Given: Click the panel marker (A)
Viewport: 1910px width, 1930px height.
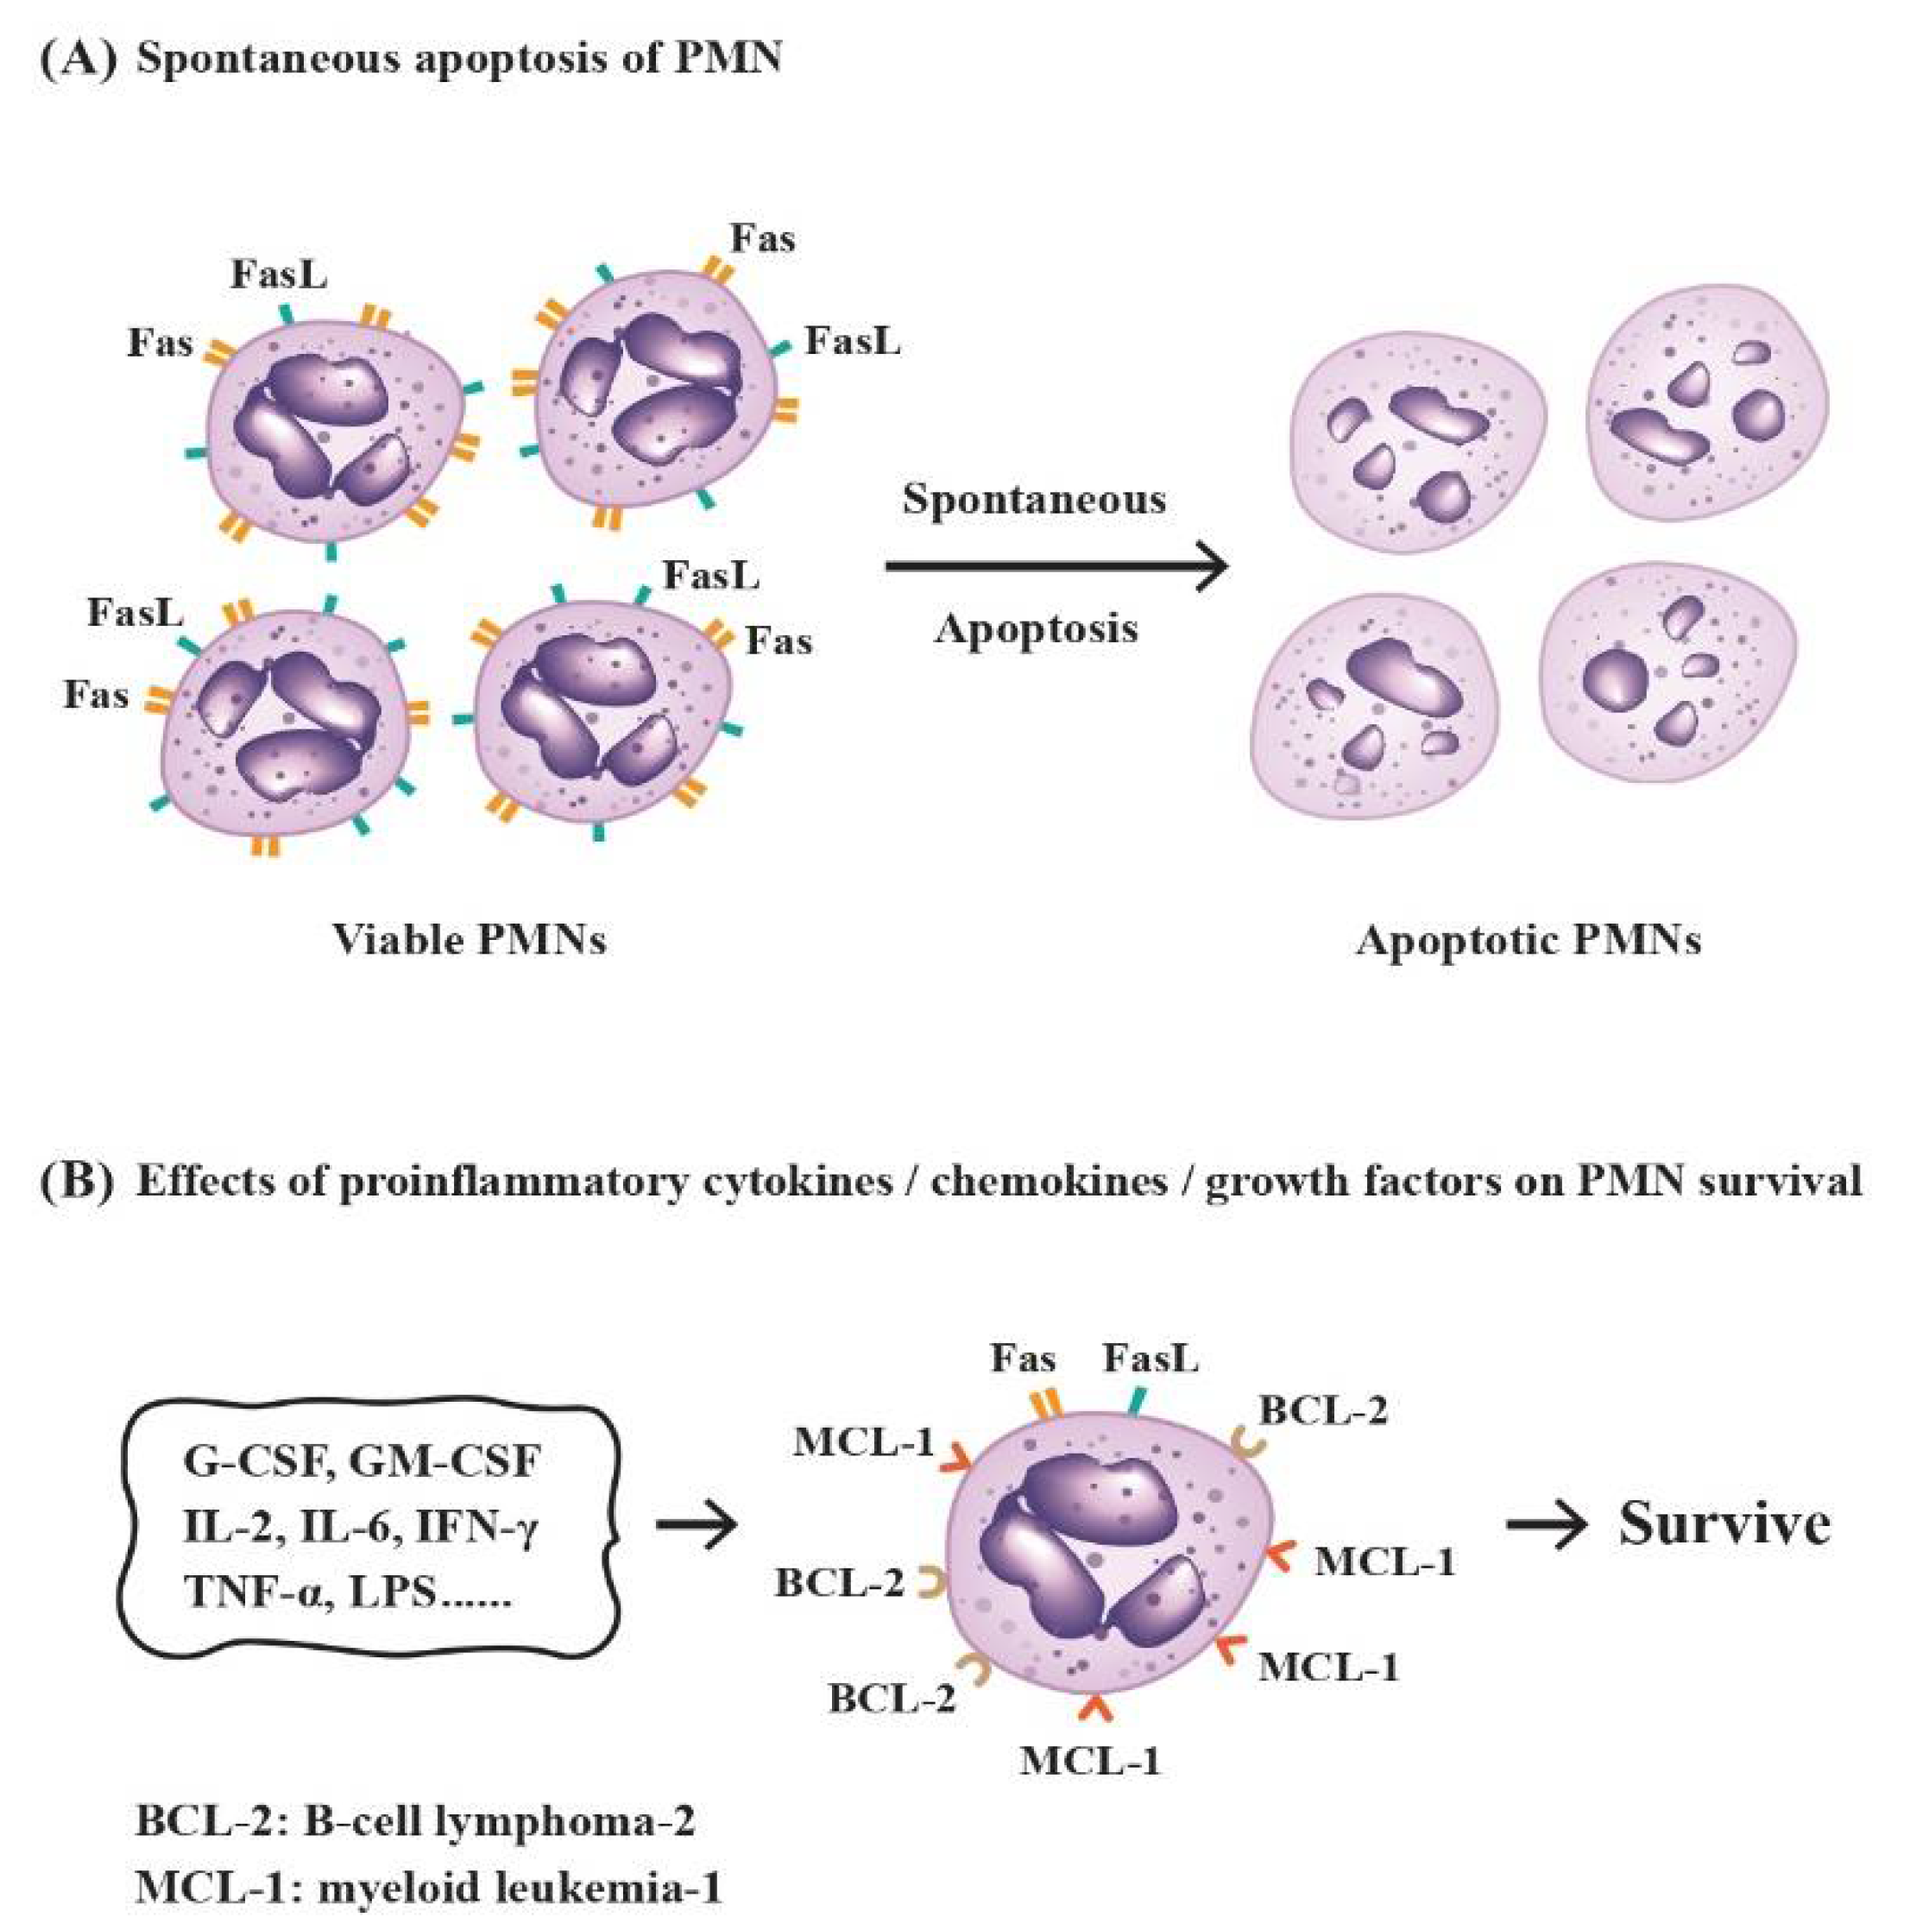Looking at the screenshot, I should (x=78, y=58).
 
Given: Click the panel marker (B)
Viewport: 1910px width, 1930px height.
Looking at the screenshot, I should (x=78, y=1181).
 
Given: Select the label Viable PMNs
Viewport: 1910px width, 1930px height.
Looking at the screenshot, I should (x=469, y=940).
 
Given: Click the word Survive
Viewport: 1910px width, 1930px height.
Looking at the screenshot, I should (x=1724, y=1525).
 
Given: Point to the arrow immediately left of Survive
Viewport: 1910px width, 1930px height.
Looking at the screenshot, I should (x=1546, y=1525).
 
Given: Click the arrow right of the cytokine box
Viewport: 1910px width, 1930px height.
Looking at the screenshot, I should (x=697, y=1525).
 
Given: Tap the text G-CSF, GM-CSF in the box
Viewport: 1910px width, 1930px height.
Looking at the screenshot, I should (x=362, y=1461).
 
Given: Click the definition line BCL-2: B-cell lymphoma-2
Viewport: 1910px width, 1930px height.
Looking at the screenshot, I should (x=414, y=1822).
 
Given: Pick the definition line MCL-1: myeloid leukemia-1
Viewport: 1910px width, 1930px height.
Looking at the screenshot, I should (x=427, y=1888).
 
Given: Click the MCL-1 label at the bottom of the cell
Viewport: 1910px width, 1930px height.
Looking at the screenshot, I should (x=1090, y=1761).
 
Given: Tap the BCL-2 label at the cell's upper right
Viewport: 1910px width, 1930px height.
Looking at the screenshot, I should (x=1322, y=1410).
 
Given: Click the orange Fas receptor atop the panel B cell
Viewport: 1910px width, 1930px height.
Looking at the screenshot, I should (x=1045, y=1403).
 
